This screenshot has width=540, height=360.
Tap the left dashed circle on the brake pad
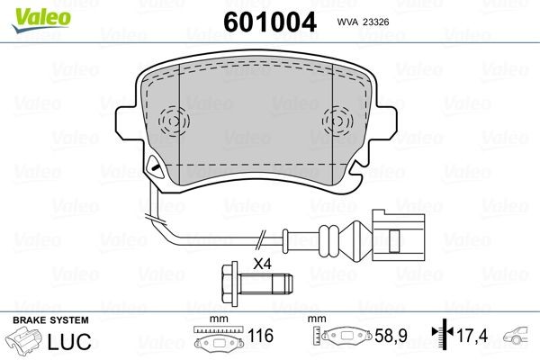pos(171,121)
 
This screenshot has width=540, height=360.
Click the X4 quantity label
pos(262,265)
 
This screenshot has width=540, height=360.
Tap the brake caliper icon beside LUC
pos(29,343)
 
